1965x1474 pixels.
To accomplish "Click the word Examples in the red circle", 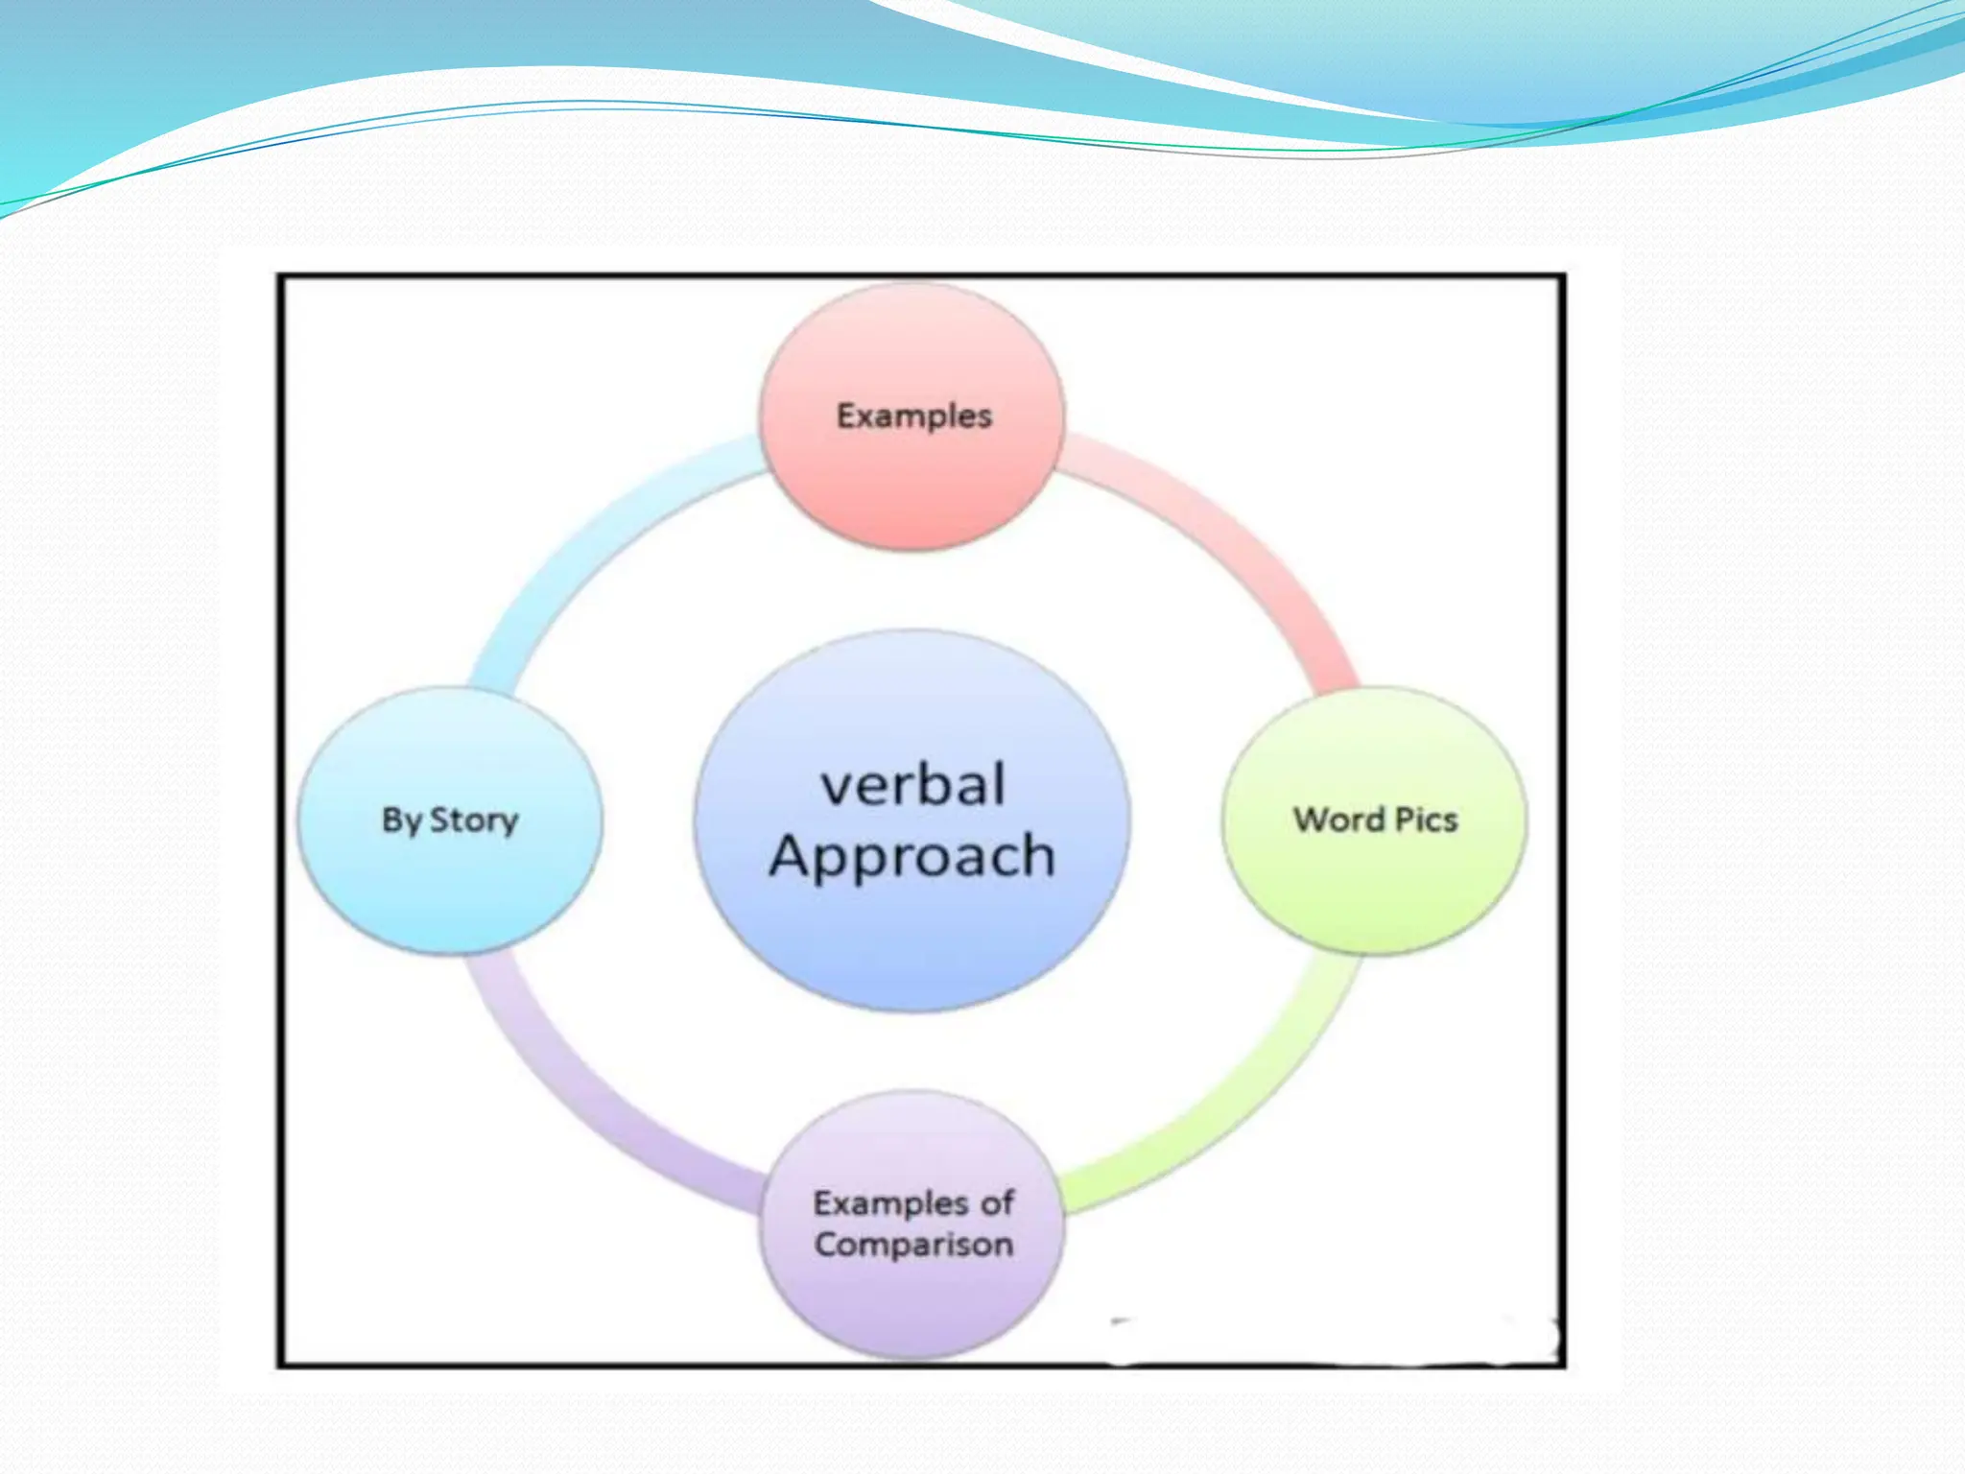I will pos(914,416).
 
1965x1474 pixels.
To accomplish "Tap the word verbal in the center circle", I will pos(913,785).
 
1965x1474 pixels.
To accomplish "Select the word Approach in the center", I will pos(912,856).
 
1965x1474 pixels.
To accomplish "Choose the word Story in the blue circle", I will pos(474,821).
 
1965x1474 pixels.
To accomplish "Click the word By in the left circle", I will pos(402,821).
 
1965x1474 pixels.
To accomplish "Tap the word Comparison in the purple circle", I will pos(913,1245).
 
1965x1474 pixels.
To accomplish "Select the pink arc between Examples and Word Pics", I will pos(1238,537).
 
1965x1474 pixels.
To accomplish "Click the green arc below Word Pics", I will pos(1238,1104).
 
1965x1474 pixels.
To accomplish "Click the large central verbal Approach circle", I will pos(911,940).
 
